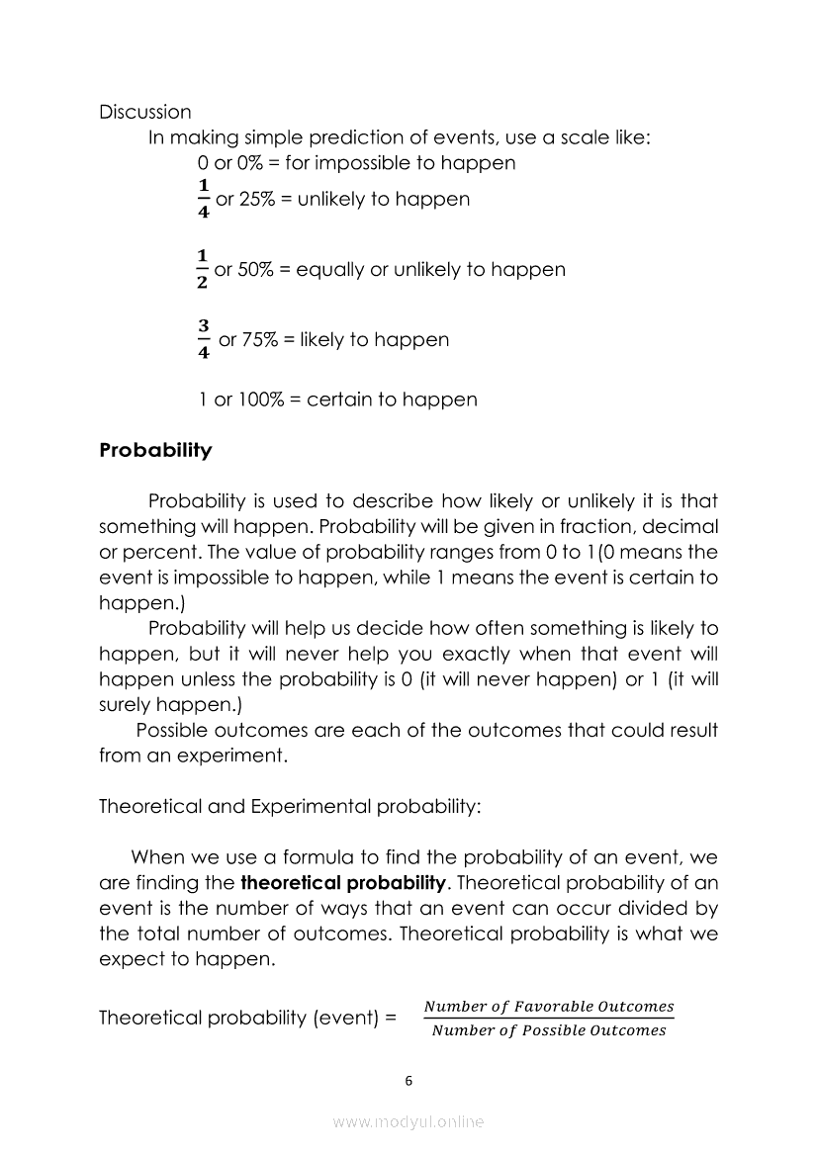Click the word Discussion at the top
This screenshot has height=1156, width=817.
pos(145,113)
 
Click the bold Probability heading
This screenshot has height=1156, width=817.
pos(155,451)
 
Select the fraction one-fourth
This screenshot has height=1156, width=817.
pos(203,199)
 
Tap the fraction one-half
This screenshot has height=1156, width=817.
pos(202,269)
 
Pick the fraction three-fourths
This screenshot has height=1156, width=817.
pos(203,339)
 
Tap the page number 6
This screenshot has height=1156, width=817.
pos(408,1081)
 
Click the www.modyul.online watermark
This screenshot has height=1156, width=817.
pos(408,1121)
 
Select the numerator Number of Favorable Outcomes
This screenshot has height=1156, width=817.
pos(549,1007)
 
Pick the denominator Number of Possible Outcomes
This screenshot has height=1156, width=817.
pos(549,1030)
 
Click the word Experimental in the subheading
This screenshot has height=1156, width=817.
pos(306,806)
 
